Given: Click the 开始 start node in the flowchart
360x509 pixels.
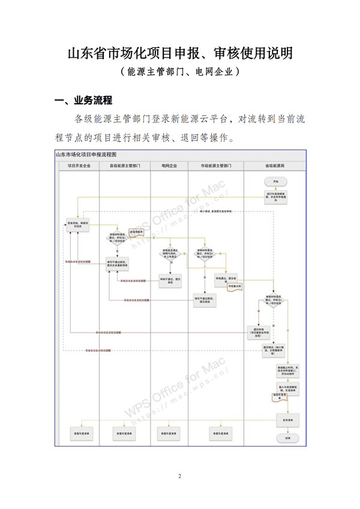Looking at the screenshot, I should coord(275,181).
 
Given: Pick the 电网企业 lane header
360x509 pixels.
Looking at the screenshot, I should coord(169,164).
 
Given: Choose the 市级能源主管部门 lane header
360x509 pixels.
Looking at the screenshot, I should coord(216,164).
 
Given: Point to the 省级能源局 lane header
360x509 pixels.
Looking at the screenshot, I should coord(275,164).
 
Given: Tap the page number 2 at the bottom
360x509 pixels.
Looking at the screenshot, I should coord(179,476).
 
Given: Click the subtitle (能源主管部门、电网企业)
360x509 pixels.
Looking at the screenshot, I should coord(179,71).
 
